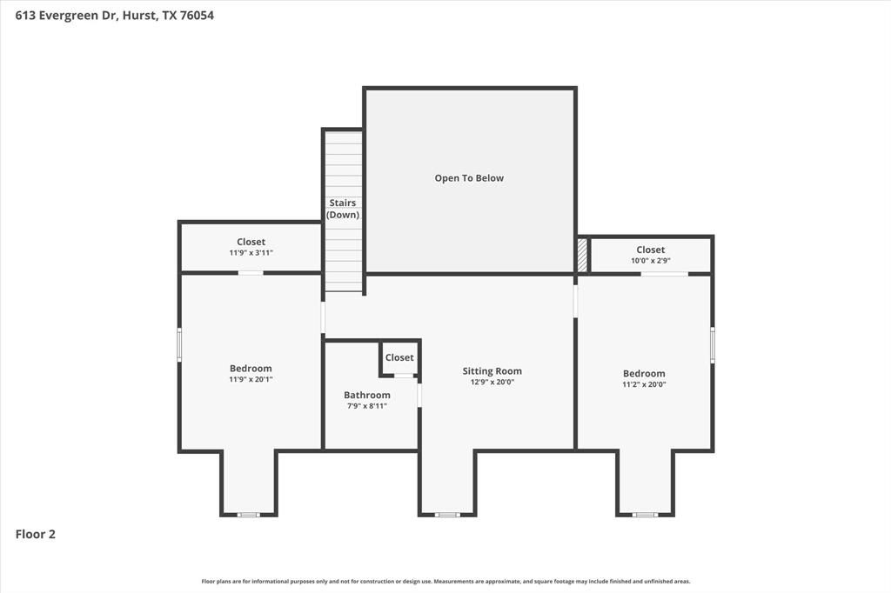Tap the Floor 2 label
point(36,535)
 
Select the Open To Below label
point(469,178)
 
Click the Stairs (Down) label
point(342,209)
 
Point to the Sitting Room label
point(492,371)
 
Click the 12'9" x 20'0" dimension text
point(492,382)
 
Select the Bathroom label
point(366,395)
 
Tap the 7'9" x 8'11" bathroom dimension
point(366,406)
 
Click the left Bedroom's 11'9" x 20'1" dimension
point(251,379)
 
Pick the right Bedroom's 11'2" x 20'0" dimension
point(644,384)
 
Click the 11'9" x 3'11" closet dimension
point(251,253)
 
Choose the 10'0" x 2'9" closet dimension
point(650,261)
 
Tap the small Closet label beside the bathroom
point(399,357)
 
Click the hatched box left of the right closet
point(582,256)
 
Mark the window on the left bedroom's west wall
point(179,344)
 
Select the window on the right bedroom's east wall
point(712,344)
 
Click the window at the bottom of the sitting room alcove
point(447,515)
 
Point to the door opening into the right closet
point(664,274)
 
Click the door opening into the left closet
point(251,273)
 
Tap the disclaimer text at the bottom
point(445,582)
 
